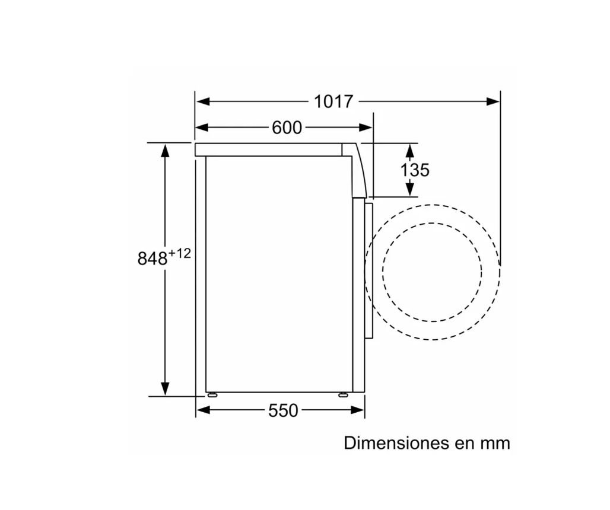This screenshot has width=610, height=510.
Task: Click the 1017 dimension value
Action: click(333, 102)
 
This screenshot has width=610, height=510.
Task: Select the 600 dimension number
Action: click(287, 128)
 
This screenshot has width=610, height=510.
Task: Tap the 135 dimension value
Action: click(415, 170)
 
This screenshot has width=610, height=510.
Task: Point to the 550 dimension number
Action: click(283, 410)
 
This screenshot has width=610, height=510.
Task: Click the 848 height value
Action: click(152, 258)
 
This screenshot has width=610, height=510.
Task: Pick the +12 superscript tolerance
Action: click(180, 254)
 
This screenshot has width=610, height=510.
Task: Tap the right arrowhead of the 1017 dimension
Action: click(493, 102)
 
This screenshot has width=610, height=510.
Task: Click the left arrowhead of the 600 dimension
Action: click(202, 128)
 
